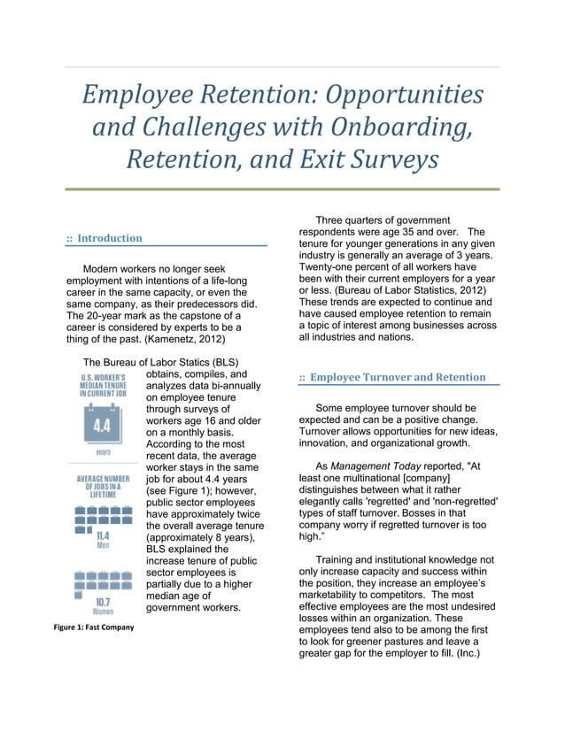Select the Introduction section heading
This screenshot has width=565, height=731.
(x=109, y=238)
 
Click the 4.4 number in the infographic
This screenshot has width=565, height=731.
(x=103, y=428)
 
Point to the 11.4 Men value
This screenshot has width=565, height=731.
(x=103, y=542)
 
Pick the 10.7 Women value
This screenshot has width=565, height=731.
(x=103, y=606)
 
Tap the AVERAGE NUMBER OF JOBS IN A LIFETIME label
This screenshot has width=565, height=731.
(x=103, y=486)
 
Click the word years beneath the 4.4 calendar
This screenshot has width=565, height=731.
(x=103, y=451)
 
